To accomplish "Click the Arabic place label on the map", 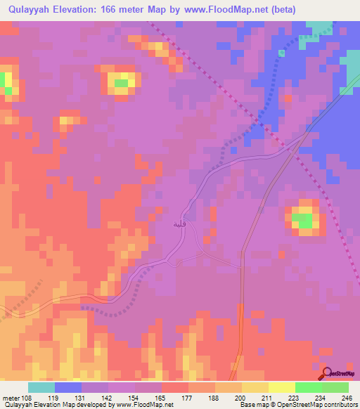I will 179,223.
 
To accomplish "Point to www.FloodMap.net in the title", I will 221,10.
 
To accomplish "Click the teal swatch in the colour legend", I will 41,387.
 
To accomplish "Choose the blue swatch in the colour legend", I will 68,387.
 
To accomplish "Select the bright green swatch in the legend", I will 309,387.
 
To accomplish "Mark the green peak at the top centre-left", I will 122,83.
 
